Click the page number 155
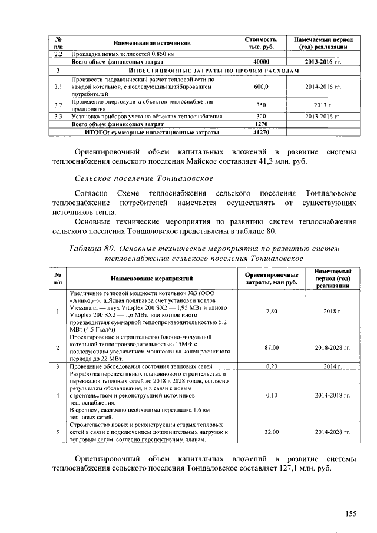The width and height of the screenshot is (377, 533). pos(350,514)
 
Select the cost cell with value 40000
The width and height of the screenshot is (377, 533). pos(261,61)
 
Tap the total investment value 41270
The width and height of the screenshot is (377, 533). pos(261,133)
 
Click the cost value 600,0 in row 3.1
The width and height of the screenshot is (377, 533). pos(261,87)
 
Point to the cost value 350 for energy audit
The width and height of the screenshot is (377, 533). pos(261,105)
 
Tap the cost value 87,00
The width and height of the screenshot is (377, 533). pos(272,348)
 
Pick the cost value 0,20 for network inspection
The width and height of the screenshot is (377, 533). pos(272,366)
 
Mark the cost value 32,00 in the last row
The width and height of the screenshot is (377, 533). pos(272,432)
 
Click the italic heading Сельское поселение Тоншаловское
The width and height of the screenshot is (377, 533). pos(144,178)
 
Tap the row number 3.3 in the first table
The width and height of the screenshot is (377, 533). pos(58,117)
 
